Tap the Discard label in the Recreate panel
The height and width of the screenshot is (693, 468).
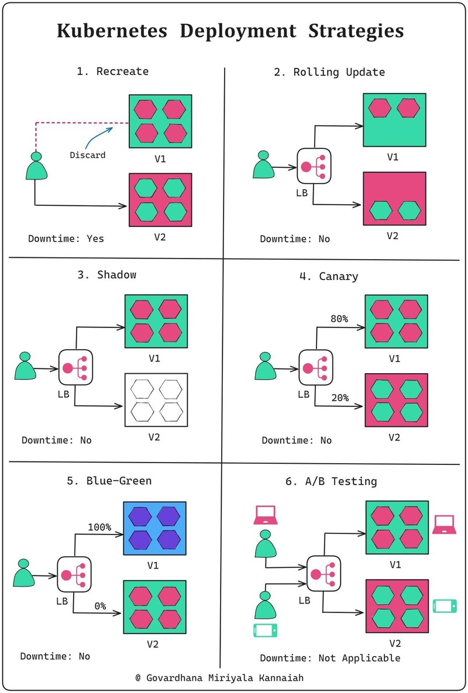pos(88,155)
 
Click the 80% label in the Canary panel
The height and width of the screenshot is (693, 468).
pos(339,319)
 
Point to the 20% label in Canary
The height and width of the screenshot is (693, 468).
pos(339,398)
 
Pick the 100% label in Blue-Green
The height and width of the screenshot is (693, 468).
pos(99,527)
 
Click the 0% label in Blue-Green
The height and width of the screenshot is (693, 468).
pos(100,606)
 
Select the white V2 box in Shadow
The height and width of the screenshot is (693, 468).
pos(156,399)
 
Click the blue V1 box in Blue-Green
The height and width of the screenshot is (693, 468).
pos(155,528)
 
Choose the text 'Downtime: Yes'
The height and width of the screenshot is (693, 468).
pos(66,239)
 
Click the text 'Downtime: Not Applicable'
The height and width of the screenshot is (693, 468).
pos(330,658)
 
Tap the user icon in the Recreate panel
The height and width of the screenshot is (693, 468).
pos(36,166)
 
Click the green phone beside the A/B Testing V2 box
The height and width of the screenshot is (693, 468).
pos(445,606)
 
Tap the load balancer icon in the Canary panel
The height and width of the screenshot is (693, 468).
pos(316,368)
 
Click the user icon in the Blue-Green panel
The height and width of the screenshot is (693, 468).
pos(24,573)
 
